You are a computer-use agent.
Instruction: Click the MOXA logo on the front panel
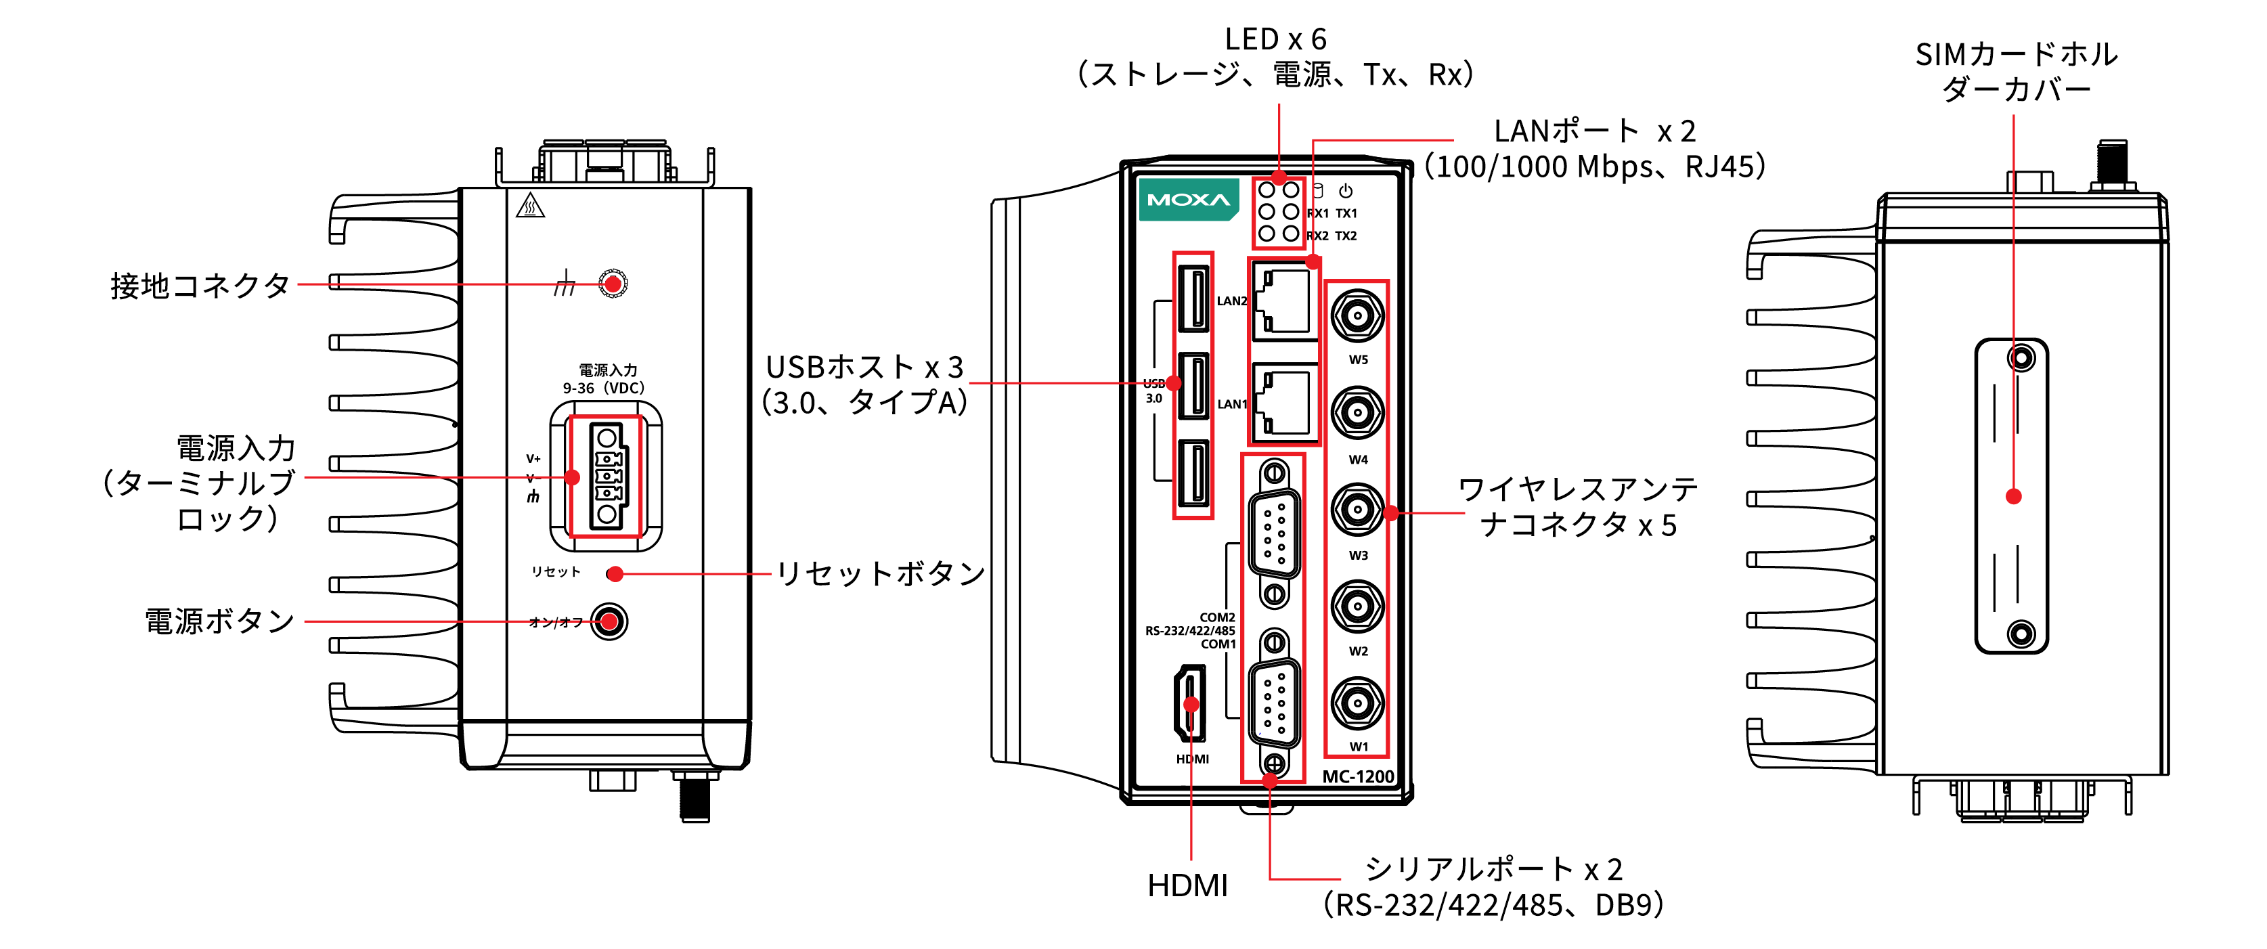tap(1187, 200)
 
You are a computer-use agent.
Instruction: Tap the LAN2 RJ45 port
tap(1285, 302)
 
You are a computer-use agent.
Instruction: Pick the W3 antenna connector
tap(1357, 509)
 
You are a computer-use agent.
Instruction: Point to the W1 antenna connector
tap(1357, 703)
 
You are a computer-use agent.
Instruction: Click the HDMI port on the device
tap(1191, 703)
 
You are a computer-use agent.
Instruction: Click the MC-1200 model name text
tap(1358, 776)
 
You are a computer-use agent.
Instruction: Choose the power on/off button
tap(609, 621)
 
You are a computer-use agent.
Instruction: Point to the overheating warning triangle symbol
tap(530, 206)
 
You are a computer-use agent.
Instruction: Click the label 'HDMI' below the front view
tap(1187, 885)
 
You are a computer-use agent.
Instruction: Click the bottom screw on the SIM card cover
tap(2021, 634)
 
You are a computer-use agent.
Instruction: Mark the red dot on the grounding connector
tap(613, 284)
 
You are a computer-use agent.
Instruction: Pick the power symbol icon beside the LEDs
tap(1346, 191)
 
